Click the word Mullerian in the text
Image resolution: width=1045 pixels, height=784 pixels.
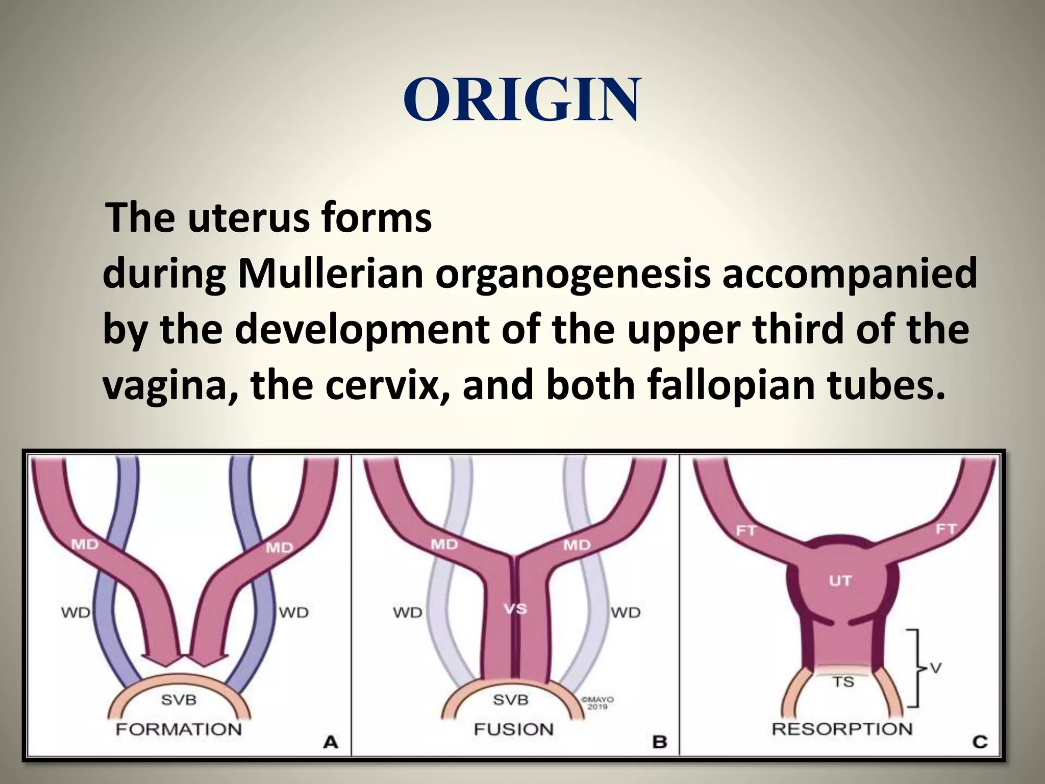point(330,274)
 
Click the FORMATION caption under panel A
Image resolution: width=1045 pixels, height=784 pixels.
point(179,729)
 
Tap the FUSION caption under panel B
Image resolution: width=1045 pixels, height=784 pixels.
point(513,729)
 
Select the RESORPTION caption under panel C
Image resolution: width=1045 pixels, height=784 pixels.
point(842,728)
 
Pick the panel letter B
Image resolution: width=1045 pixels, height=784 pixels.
point(660,741)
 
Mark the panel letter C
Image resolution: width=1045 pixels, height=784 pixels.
point(980,741)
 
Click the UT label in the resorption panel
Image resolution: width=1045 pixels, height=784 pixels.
point(840,580)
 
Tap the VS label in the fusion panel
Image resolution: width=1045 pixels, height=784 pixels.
point(515,608)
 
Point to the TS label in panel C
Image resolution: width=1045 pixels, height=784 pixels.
point(843,681)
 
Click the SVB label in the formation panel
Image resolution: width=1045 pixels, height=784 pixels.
point(179,699)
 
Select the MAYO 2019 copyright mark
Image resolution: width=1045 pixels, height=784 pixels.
point(598,703)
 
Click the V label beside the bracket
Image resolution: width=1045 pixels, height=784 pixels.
point(936,668)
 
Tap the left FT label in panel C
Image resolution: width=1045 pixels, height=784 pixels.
point(745,531)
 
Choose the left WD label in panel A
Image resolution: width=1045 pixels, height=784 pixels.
point(76,612)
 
